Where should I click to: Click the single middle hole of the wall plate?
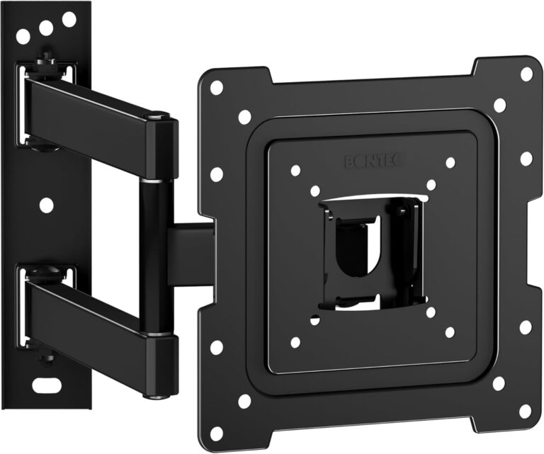[46, 205]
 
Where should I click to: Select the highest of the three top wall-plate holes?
[69, 19]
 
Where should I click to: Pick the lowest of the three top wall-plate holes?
[23, 36]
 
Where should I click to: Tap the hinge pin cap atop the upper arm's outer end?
[157, 115]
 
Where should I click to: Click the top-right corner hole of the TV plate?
[526, 73]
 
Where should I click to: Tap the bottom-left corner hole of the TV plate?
[216, 431]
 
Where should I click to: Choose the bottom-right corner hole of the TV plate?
[524, 411]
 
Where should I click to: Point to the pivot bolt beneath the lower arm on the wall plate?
[47, 358]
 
